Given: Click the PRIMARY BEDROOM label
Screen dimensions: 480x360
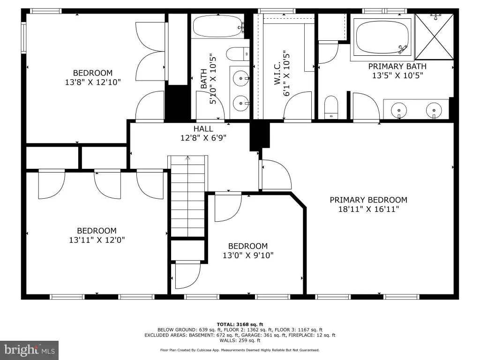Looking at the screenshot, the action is coord(368,200).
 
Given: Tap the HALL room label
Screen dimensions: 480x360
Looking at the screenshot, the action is coord(203,129).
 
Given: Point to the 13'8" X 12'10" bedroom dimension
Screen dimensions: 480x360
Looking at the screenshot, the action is coord(93,82).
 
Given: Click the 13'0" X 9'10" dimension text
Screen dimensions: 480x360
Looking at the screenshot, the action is coord(248,255).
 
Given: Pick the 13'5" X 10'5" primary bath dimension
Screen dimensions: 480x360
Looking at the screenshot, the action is coord(397,75).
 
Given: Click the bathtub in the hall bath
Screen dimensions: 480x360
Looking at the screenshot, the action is coord(218,27).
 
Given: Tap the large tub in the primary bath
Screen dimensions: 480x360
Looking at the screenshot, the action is coord(382,37).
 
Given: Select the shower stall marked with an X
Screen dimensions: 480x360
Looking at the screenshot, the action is coord(435,37).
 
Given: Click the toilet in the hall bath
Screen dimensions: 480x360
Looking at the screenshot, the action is coord(238,54).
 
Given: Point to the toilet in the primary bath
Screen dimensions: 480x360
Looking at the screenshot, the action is coord(331,107).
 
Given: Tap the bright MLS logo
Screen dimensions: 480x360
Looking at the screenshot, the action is coord(30,350).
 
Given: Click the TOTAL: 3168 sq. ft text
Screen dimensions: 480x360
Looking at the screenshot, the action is coord(240,324).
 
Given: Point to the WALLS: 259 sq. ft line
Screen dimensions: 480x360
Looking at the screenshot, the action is coord(240,340).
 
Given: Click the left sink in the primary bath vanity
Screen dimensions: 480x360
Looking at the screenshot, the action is coord(398,110).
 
